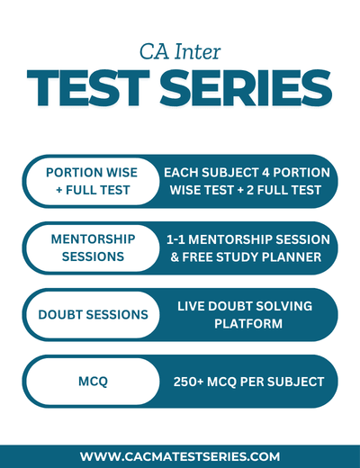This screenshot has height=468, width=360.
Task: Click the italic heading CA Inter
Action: tap(180, 51)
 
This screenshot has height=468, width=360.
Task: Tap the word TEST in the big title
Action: tap(88, 87)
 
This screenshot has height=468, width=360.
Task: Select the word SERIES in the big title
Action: tap(246, 87)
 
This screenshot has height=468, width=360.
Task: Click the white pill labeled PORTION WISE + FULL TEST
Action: tap(93, 181)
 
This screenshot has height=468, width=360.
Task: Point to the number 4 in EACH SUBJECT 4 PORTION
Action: tap(265, 173)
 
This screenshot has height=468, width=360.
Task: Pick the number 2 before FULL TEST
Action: tap(250, 190)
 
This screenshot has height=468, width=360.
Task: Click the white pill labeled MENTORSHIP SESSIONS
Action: tap(93, 248)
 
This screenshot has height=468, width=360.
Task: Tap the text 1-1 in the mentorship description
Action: tap(175, 239)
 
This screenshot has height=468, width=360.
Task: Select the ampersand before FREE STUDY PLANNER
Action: tap(175, 257)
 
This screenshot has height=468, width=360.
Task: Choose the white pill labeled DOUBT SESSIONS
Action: tap(93, 315)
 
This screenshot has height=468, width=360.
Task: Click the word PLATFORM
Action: tap(248, 324)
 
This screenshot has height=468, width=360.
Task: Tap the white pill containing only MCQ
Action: tap(93, 382)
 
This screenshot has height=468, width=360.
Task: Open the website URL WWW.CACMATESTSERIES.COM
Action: tap(180, 456)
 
